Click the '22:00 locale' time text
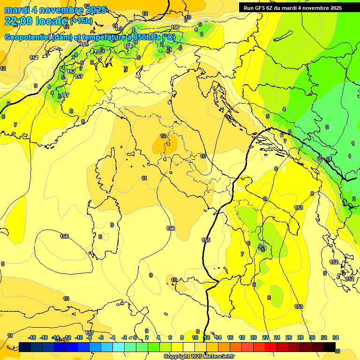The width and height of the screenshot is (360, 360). [36, 21]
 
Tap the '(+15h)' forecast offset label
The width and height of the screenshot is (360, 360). [81, 21]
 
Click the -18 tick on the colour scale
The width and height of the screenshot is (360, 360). [32, 337]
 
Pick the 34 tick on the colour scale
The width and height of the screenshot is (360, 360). [335, 337]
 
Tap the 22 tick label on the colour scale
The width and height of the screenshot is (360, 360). [265, 337]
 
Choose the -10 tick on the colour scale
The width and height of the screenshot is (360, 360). [79, 337]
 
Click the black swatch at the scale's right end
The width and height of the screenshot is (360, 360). [329, 347]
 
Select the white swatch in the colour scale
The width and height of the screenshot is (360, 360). [189, 347]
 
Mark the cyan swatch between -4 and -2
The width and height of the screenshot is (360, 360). [119, 347]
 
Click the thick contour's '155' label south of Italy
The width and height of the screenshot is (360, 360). [206, 240]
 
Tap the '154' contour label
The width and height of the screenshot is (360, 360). [34, 58]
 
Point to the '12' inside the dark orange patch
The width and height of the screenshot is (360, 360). [163, 136]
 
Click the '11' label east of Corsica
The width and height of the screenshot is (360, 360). [144, 178]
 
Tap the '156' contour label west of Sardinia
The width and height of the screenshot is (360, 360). [65, 236]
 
